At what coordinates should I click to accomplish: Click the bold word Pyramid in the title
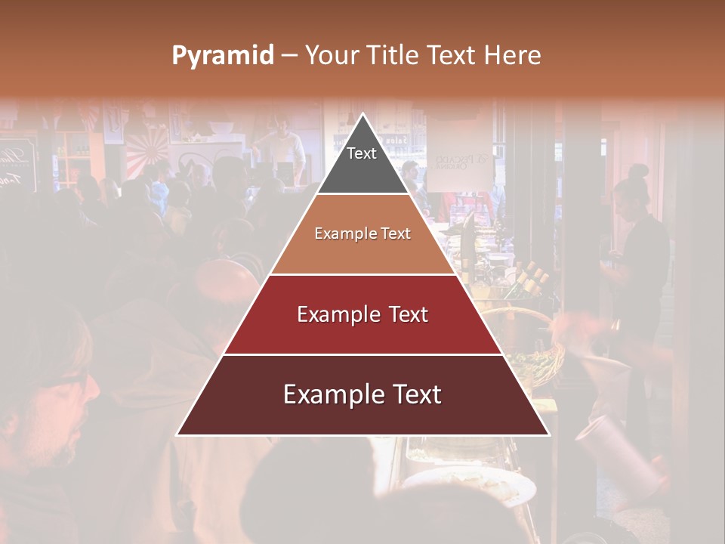click(222, 56)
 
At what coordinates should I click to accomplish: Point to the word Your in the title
click(331, 56)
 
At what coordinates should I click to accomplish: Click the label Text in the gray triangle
click(362, 153)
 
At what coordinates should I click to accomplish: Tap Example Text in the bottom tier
click(362, 394)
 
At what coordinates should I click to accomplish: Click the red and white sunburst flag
click(147, 150)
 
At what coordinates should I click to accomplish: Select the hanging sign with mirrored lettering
click(460, 162)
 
